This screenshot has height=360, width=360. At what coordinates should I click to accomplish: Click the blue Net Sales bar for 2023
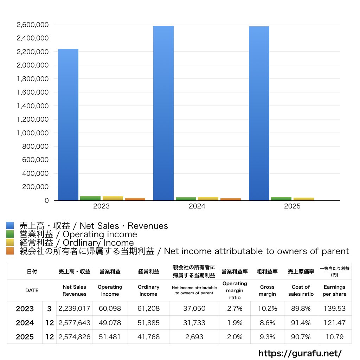68,125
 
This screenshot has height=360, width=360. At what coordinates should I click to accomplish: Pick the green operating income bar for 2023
90,198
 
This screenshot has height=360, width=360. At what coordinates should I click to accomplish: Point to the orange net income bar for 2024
231,199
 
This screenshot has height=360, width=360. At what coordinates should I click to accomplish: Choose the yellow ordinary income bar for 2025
304,199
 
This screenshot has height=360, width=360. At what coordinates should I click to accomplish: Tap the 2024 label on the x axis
197,206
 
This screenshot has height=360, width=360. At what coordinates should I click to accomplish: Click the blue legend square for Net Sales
10,226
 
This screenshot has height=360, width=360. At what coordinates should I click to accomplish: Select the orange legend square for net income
10,251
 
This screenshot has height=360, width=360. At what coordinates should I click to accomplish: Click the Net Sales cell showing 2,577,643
75,323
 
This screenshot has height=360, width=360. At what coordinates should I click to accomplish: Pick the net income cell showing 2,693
194,337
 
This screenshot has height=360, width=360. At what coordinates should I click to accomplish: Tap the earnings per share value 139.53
334,309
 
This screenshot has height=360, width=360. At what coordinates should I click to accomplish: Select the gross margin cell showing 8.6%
267,323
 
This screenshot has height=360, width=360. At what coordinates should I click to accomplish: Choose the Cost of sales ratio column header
301,290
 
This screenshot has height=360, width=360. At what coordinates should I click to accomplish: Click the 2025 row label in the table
25,337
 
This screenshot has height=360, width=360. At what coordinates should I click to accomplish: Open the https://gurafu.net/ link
300,353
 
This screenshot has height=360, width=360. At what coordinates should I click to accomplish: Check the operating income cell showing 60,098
110,309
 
